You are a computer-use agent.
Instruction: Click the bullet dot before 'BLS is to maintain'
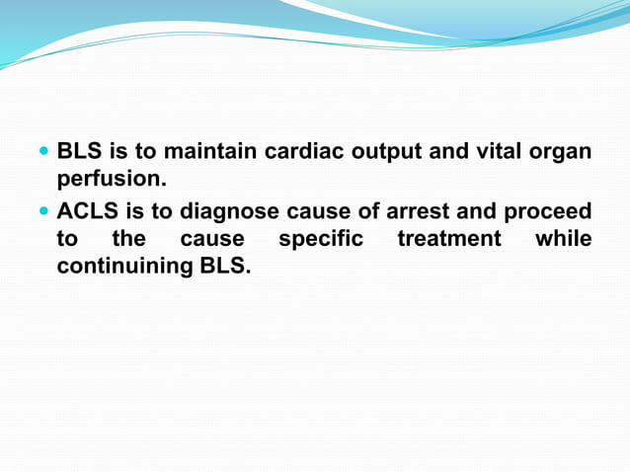click(43, 154)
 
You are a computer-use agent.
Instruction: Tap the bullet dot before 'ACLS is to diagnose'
click(43, 212)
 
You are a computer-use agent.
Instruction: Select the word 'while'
click(563, 239)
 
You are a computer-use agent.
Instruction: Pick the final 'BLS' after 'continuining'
click(218, 267)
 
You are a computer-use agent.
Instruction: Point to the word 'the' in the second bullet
click(128, 239)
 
